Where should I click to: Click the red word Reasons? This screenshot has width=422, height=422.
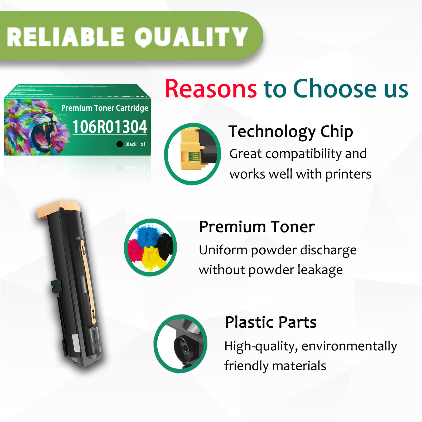211,89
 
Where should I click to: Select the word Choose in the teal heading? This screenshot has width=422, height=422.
335,89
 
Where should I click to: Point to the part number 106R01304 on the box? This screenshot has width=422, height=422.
110,127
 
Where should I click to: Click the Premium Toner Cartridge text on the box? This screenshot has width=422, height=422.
105,108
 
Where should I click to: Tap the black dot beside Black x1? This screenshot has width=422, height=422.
120,144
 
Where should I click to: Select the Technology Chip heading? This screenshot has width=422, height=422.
290,132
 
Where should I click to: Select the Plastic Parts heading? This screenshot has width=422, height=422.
271,322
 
